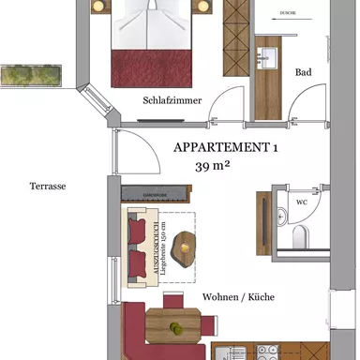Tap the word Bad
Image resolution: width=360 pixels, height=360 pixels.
(303, 72)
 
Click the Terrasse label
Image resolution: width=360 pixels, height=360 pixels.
(47, 187)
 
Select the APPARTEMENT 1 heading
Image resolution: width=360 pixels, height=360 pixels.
(227, 147)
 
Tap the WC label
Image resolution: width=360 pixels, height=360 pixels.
(301, 202)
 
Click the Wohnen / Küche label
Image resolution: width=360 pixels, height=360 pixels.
(238, 297)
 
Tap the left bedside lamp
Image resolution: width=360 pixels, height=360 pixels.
(97, 7)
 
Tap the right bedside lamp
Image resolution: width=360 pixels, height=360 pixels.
(201, 7)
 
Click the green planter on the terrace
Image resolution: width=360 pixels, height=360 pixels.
(31, 74)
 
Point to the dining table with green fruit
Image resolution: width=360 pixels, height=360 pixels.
(175, 328)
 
